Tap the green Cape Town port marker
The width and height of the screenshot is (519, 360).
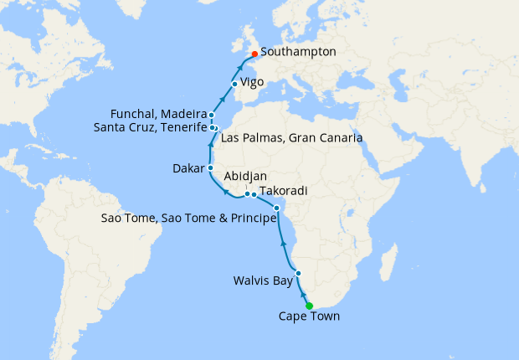(310, 306)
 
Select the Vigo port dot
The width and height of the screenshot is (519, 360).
(234, 83)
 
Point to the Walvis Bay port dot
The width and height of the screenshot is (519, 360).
(298, 274)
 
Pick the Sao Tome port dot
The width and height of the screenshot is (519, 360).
(277, 208)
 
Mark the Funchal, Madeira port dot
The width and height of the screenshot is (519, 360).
(212, 115)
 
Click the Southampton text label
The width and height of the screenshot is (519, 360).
(299, 52)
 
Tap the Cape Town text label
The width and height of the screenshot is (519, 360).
(310, 317)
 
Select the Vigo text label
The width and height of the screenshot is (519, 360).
(254, 83)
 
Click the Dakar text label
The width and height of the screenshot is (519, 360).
(188, 167)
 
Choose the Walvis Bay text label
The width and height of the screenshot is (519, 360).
(263, 280)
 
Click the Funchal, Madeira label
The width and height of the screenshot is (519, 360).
(157, 114)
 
